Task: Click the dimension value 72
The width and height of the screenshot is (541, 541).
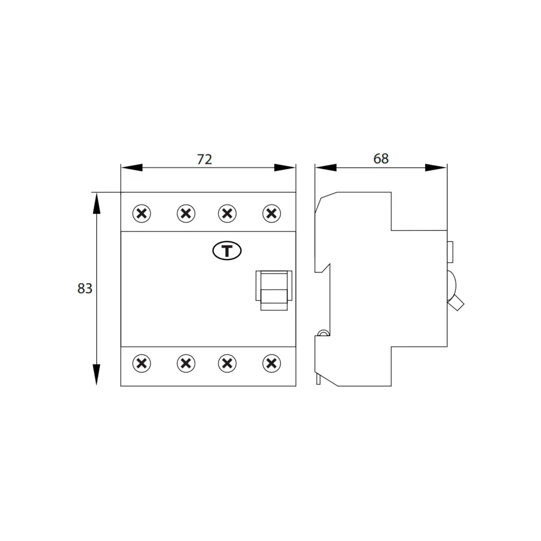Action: coord(204,160)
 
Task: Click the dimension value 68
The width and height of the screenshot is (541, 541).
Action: coord(381,158)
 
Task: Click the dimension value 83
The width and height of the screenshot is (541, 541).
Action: coord(85,288)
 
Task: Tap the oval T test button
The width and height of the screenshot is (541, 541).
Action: coord(227,251)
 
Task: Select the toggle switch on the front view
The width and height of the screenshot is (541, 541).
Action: coord(274,291)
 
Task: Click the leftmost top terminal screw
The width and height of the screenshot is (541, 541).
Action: coord(142,213)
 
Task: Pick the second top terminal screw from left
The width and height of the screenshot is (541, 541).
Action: coord(186,213)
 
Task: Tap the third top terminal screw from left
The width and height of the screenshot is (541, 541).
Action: coord(227,213)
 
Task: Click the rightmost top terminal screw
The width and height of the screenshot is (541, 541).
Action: coord(272,213)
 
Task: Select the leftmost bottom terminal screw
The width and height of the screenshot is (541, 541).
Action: coord(142,363)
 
